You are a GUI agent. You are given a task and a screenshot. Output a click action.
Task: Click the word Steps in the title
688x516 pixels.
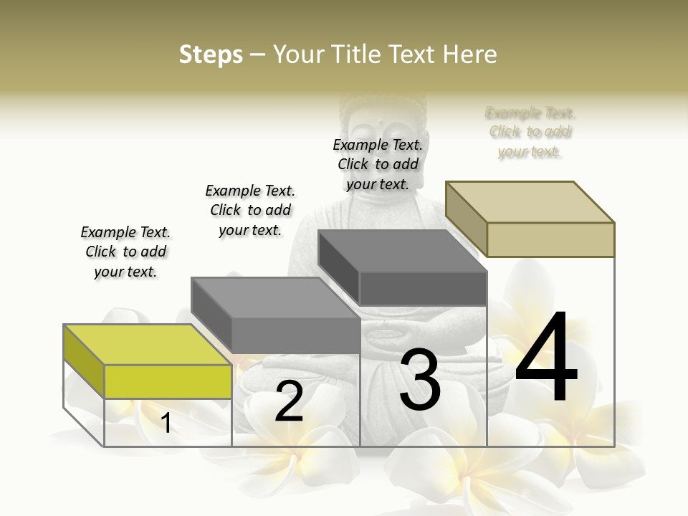point(211,54)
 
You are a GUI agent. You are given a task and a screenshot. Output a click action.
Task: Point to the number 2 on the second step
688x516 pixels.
point(289,401)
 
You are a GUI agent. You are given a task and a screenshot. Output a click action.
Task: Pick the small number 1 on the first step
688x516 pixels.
point(166,423)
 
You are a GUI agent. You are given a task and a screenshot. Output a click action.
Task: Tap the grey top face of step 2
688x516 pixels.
point(276,297)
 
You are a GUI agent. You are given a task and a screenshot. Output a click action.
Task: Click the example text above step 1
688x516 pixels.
point(125,252)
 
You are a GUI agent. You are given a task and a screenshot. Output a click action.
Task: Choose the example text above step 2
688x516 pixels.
point(250,210)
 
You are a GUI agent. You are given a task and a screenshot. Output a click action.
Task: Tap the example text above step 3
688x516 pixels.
point(378,164)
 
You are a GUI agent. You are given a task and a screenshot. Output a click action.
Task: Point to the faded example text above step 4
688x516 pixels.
point(530,132)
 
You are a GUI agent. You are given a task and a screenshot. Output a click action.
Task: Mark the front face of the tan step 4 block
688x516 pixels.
point(550,239)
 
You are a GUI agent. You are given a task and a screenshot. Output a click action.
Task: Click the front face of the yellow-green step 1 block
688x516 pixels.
point(168,381)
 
